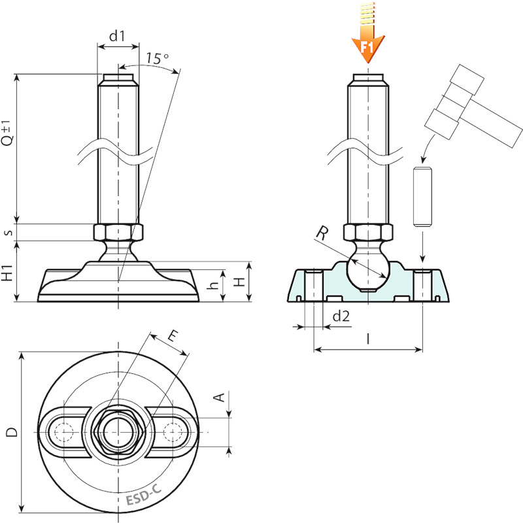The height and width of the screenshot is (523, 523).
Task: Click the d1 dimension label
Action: pos(117,36)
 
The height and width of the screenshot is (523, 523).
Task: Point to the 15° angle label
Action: pos(157,58)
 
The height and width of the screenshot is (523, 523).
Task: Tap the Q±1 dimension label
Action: pos(7,133)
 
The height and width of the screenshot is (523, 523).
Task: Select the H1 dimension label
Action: pos(7,273)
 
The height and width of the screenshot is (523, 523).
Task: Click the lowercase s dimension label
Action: pos(9,233)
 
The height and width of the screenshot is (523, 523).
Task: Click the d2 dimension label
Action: pos(341,316)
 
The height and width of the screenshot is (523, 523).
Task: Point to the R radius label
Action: pos(322,233)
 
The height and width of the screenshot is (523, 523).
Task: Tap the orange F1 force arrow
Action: pos(368,33)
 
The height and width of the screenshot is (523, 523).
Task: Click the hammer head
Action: pos(454,102)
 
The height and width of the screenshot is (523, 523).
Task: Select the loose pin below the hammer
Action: pos(422,197)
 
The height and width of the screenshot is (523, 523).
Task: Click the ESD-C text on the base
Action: pos(144,495)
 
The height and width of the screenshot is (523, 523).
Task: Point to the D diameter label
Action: pos(12,432)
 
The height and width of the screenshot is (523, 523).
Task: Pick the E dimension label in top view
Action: pos(173,336)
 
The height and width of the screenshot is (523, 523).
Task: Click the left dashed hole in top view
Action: pos(63,432)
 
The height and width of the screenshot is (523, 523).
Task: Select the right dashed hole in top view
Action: pos(173,432)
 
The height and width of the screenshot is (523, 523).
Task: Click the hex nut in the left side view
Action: pos(118,232)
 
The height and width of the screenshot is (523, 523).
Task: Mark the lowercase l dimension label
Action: pos(368,339)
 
